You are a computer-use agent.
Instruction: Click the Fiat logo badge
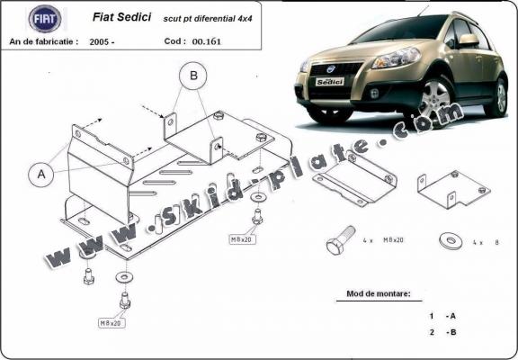44,18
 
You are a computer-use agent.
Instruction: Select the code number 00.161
204,41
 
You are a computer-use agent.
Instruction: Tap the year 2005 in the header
102,41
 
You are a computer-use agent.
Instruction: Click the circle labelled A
41,175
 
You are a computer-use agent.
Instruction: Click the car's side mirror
469,40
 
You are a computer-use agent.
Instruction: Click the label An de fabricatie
43,41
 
